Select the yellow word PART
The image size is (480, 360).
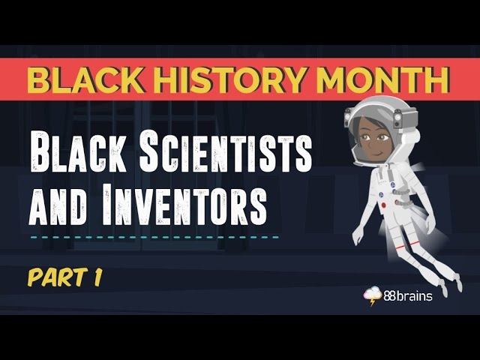55,277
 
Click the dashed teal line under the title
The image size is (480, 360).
154,237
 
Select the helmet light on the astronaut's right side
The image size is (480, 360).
414,118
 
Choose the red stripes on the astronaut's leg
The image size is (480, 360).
415,245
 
